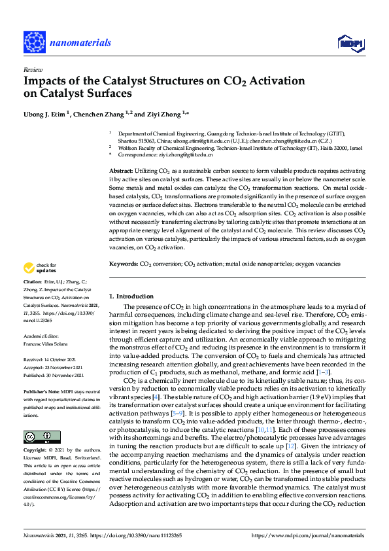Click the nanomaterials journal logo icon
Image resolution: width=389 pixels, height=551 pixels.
click(34, 41)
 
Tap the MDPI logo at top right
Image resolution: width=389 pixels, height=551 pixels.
click(350, 43)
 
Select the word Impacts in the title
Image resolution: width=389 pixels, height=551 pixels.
click(46, 81)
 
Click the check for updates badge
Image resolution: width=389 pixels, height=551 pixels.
click(39, 268)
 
